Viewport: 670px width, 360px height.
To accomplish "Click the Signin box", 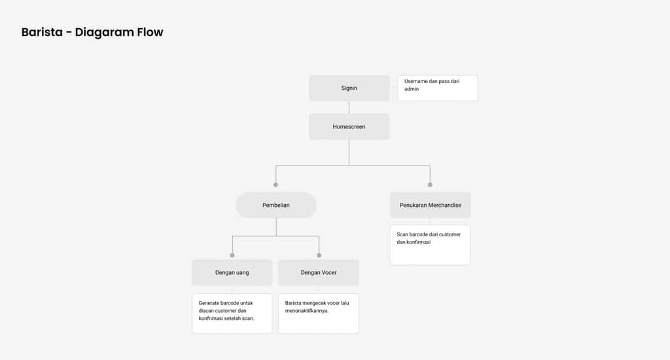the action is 349,88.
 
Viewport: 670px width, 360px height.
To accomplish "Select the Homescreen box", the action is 349,126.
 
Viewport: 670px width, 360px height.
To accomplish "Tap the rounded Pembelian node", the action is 276,206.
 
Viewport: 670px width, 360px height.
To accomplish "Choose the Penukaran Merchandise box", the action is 431,206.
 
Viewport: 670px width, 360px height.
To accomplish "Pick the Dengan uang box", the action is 232,272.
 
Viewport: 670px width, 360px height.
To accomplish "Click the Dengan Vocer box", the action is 319,272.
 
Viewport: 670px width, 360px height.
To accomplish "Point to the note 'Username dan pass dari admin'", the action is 438,88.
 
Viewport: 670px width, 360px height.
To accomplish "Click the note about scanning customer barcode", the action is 431,245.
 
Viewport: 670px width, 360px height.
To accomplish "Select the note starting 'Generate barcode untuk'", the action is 232,314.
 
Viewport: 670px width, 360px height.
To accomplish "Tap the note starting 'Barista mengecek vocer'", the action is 319,314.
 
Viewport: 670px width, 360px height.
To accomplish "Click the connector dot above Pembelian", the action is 275,185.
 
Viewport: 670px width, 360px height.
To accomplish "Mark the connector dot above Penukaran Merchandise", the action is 430,185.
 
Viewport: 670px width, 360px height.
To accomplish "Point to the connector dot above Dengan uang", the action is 232,255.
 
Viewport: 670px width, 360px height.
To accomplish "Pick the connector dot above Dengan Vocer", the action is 319,255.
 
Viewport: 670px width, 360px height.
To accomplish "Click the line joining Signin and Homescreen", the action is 349,107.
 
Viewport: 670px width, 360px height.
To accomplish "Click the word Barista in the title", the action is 42,32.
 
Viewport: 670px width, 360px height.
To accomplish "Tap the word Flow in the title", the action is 150,32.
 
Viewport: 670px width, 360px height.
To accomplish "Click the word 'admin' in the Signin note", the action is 412,89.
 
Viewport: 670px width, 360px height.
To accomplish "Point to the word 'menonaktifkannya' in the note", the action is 307,311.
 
